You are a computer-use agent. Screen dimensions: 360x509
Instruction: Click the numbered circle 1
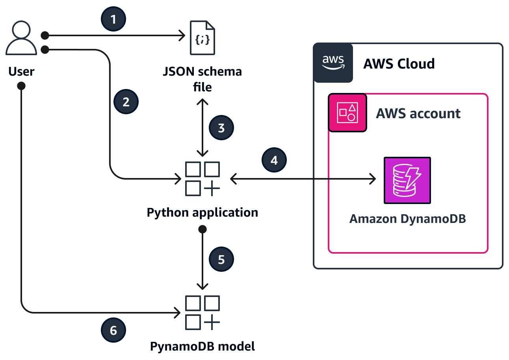point(114,19)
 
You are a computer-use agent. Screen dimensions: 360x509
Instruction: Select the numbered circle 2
point(126,102)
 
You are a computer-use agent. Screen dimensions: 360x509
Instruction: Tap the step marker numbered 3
point(221,128)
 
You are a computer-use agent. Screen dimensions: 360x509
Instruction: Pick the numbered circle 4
point(274,160)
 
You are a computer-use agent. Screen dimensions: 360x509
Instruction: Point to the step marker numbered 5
point(221,260)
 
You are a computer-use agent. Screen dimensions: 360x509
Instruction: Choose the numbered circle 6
point(113,330)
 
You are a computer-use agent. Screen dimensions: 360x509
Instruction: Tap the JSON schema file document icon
point(202,38)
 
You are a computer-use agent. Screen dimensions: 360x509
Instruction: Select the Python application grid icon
point(202,179)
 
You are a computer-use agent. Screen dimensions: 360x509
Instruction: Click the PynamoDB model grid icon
point(202,313)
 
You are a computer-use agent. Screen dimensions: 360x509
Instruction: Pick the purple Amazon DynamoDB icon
point(407,180)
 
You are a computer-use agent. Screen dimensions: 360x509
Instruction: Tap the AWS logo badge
point(333,63)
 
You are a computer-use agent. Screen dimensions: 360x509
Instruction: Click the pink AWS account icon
point(347,113)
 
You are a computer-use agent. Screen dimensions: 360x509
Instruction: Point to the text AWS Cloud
point(399,63)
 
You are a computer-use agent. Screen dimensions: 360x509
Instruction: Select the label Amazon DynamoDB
point(407,219)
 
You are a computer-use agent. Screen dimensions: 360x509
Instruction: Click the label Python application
point(202,213)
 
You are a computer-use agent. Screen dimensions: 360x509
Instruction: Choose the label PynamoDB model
point(202,347)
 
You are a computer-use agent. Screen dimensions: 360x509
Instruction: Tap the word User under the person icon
point(21,72)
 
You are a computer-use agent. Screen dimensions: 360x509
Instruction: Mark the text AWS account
point(418,113)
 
